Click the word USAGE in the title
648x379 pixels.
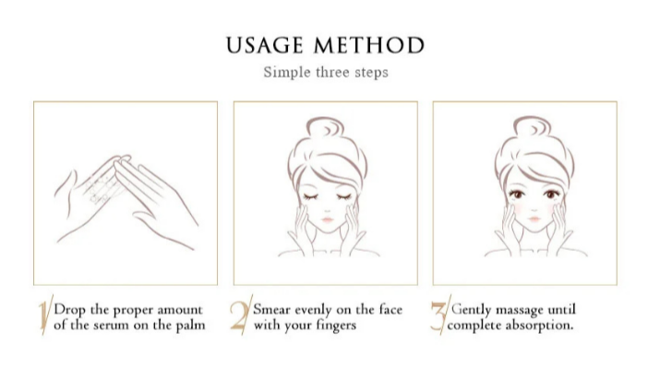tap(265, 45)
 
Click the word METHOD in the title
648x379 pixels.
tap(369, 45)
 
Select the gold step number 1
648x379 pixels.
tap(44, 314)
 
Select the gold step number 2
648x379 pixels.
tap(241, 314)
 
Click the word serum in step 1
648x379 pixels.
tap(111, 326)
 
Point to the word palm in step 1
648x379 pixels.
tap(190, 326)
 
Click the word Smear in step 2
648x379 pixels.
tap(272, 310)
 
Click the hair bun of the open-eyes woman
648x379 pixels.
tap(533, 127)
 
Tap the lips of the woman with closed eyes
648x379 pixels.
tap(328, 219)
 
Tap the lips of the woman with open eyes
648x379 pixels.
tap(534, 219)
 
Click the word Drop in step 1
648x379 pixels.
tap(70, 311)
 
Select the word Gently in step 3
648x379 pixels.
tap(471, 310)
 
